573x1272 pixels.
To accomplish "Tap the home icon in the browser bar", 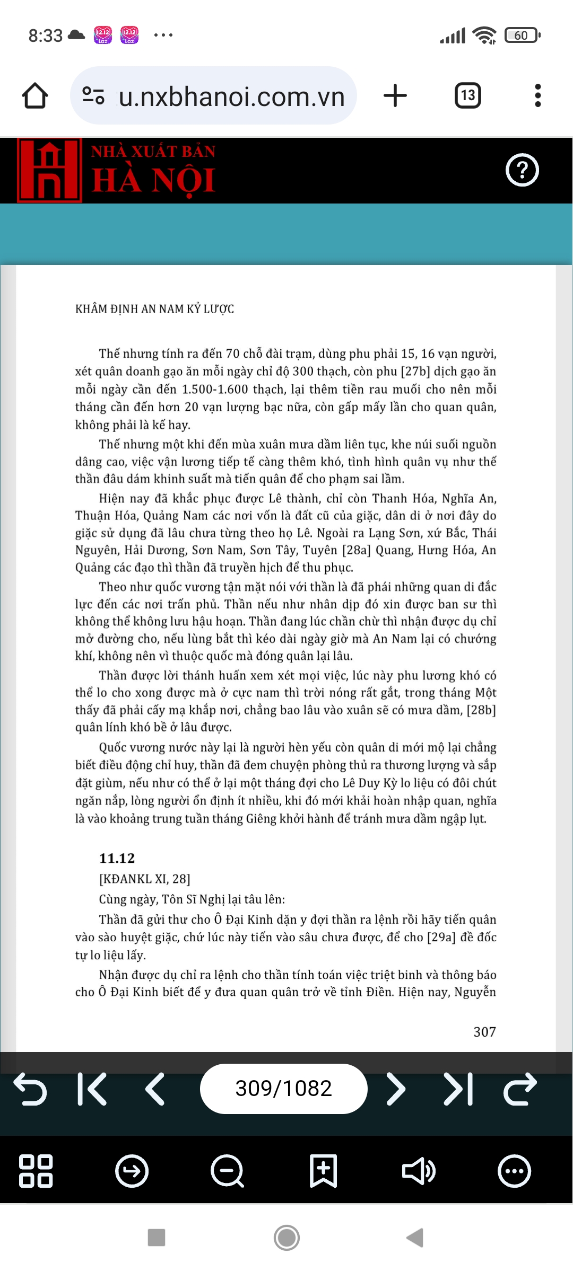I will [x=35, y=96].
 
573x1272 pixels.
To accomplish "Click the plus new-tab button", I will [x=395, y=96].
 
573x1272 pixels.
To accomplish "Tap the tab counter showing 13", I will [x=468, y=96].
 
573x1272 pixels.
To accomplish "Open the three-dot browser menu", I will [x=538, y=96].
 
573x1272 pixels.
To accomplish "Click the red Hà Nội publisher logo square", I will [x=50, y=171].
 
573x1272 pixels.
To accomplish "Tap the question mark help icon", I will [x=522, y=170].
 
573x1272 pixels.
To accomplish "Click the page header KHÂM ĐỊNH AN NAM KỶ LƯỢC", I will [x=154, y=309].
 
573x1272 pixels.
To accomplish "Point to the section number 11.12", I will [x=117, y=858].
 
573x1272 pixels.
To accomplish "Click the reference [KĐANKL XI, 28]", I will [x=144, y=879].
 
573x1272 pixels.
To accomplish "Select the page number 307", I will [x=484, y=1031].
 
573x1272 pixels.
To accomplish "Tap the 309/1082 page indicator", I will [x=283, y=1089].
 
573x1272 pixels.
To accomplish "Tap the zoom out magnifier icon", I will [x=227, y=1171].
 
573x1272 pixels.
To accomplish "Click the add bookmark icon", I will [x=323, y=1171].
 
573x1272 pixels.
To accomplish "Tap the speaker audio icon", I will [x=419, y=1171].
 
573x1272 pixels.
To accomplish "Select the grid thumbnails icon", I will [x=36, y=1171].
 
